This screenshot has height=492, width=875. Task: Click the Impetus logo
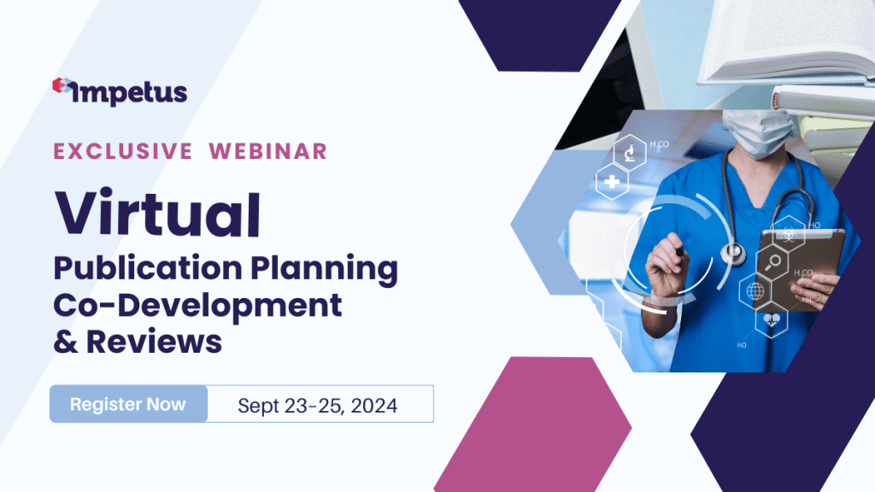click(120, 91)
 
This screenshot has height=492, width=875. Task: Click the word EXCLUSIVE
click(123, 152)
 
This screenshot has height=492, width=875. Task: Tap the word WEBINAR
click(267, 152)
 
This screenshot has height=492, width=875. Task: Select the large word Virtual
click(157, 214)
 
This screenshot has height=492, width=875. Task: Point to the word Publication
click(147, 268)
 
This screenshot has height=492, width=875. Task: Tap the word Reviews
click(154, 342)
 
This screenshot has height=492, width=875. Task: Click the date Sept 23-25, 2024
click(318, 406)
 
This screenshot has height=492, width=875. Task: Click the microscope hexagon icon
click(630, 152)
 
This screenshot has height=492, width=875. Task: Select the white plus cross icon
click(612, 181)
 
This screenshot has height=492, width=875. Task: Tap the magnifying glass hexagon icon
click(772, 262)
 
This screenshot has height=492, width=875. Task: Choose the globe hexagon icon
click(755, 291)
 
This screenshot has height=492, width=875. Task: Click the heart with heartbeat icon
click(772, 320)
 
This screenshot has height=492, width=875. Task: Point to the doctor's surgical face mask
click(760, 132)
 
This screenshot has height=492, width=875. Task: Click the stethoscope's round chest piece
click(732, 254)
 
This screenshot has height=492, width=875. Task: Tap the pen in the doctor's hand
click(679, 249)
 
